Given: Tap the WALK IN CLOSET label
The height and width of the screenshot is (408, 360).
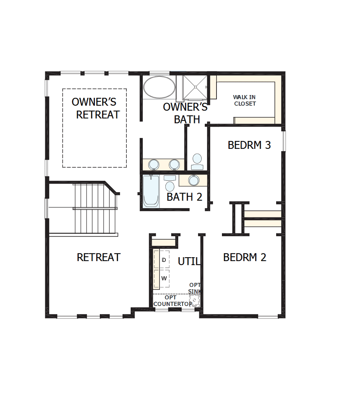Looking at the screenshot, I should pyautogui.click(x=245, y=101).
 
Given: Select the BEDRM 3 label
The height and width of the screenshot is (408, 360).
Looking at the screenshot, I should pyautogui.click(x=249, y=145).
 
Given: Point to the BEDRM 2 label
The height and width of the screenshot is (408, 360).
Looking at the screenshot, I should pyautogui.click(x=245, y=257).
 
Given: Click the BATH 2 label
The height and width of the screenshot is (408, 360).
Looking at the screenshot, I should pyautogui.click(x=184, y=197).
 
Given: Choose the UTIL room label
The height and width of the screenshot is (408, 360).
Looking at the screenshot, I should pyautogui.click(x=189, y=261).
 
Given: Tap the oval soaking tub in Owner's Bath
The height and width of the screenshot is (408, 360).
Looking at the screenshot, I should pyautogui.click(x=159, y=87).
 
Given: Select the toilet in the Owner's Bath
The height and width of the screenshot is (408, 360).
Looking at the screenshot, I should pyautogui.click(x=197, y=161).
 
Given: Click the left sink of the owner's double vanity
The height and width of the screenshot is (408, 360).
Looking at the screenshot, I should pyautogui.click(x=154, y=164).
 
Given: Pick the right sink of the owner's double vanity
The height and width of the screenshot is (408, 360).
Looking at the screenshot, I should pyautogui.click(x=174, y=164).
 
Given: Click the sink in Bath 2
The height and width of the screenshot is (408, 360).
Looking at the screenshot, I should pyautogui.click(x=193, y=180).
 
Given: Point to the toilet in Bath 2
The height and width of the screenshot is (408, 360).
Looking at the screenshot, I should pyautogui.click(x=170, y=184).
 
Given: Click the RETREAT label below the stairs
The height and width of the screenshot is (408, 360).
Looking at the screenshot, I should pyautogui.click(x=99, y=257).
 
